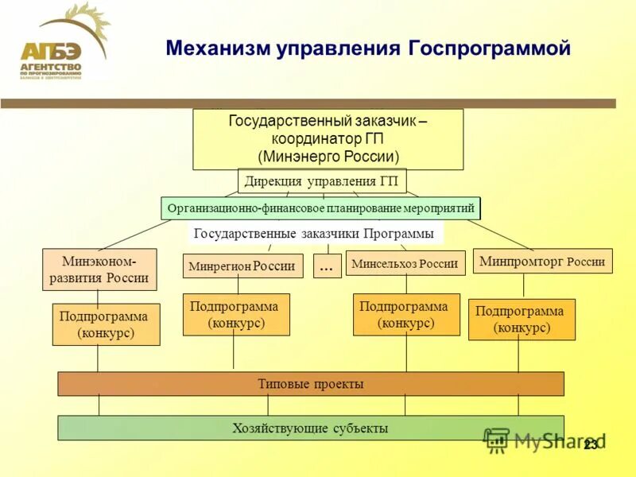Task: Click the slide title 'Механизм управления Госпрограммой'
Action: (x=368, y=48)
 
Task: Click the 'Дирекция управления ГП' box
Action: (x=322, y=180)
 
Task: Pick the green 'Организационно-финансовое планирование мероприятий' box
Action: (x=320, y=208)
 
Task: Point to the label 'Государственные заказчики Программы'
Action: (x=314, y=234)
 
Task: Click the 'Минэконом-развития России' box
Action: (x=99, y=270)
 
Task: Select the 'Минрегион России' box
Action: (x=243, y=266)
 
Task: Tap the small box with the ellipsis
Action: (x=326, y=267)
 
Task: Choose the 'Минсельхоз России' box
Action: (x=405, y=263)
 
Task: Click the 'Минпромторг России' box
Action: (x=542, y=261)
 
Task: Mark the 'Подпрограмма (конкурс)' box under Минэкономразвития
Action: (x=106, y=324)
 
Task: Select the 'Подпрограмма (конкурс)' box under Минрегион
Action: (x=236, y=314)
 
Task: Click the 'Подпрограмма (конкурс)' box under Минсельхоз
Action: (x=405, y=314)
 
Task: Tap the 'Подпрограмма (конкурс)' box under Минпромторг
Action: (x=521, y=320)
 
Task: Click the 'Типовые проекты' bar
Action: (x=311, y=384)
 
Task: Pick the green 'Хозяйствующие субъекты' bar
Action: (x=311, y=428)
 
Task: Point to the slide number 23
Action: (x=590, y=445)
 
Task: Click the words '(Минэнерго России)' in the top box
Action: (x=328, y=157)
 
